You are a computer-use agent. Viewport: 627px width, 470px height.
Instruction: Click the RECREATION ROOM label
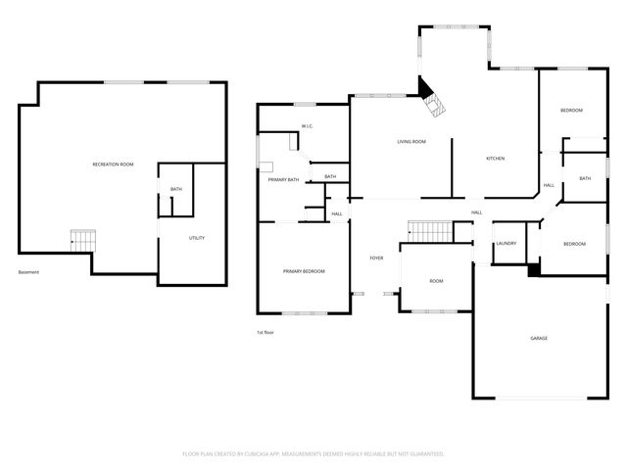click(x=113, y=164)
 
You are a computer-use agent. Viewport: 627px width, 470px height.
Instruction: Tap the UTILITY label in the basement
click(x=197, y=238)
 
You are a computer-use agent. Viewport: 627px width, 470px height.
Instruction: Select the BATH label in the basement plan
click(x=176, y=189)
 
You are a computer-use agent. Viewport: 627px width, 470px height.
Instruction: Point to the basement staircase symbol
click(x=83, y=238)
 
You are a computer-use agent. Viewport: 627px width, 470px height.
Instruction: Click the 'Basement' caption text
click(x=28, y=272)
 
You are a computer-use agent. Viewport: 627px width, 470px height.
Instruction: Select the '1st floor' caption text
click(x=264, y=333)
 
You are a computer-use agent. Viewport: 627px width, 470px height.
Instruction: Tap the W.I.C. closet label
click(x=308, y=126)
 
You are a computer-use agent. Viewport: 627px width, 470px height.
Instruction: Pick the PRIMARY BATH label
click(x=283, y=179)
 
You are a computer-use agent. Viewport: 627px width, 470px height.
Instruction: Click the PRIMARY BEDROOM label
click(x=304, y=271)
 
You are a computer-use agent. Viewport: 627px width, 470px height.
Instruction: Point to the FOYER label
click(x=376, y=258)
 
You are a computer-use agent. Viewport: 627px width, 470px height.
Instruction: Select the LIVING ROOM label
click(x=411, y=142)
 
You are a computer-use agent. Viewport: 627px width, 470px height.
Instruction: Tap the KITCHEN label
click(x=496, y=159)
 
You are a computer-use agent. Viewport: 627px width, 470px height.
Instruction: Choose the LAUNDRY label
click(x=506, y=243)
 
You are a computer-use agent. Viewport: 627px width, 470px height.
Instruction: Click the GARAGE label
click(x=539, y=338)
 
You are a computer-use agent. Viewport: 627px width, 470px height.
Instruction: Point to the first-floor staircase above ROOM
click(x=427, y=232)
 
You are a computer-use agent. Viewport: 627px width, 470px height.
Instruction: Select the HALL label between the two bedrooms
click(x=549, y=185)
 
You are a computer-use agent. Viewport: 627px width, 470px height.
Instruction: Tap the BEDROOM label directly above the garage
click(x=573, y=244)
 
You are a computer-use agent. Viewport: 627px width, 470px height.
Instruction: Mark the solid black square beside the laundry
click(x=533, y=270)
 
